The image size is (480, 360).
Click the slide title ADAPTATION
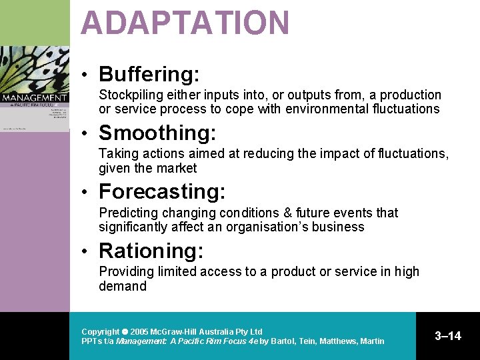point(185,23)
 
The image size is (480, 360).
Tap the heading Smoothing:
point(157,133)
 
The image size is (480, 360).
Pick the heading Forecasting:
point(162,192)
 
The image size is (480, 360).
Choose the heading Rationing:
point(151,251)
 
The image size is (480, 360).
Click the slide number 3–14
point(447,336)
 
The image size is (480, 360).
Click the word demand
point(123,286)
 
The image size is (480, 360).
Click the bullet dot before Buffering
point(87,75)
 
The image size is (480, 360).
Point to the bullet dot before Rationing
point(87,251)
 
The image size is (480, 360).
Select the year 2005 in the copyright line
point(139,332)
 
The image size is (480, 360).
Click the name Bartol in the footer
point(283,341)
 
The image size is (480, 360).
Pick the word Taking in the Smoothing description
point(117,154)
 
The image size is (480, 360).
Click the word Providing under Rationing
point(126,272)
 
